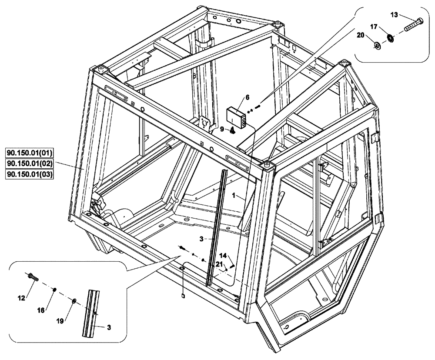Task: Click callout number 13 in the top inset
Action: click(x=394, y=15)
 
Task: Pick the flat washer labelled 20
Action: click(x=377, y=44)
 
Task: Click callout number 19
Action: click(x=60, y=321)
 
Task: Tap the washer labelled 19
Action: click(x=74, y=301)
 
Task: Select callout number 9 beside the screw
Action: click(x=222, y=129)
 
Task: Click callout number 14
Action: click(x=223, y=255)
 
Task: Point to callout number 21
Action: click(x=219, y=264)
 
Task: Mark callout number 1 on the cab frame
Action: click(x=234, y=196)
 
